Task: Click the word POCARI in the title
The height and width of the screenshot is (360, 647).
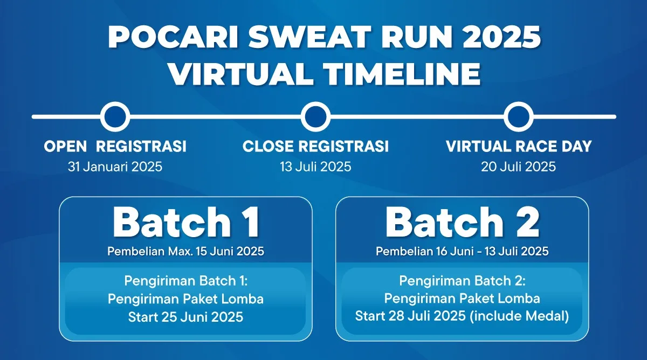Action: (x=173, y=37)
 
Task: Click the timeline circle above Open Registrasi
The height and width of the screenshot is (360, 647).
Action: (x=115, y=116)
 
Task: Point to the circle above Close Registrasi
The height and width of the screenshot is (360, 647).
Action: (x=315, y=116)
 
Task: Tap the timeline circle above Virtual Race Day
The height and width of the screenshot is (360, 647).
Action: (x=519, y=116)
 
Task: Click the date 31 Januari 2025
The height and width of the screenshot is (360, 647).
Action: (x=115, y=167)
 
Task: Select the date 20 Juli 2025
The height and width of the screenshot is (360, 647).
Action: (x=518, y=167)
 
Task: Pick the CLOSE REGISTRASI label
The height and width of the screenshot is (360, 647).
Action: (x=315, y=146)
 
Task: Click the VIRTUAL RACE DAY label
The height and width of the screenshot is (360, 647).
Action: (x=519, y=146)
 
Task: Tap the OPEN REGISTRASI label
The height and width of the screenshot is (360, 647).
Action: (x=115, y=146)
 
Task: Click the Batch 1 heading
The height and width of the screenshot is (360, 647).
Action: (x=186, y=222)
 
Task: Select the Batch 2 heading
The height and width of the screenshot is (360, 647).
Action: (x=462, y=222)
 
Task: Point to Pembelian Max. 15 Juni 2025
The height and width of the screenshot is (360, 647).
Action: (x=185, y=251)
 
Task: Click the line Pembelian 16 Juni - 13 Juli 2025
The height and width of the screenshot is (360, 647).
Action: (x=462, y=251)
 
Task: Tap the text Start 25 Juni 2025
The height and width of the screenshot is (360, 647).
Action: (x=185, y=317)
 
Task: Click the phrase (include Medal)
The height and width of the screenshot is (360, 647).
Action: (x=519, y=316)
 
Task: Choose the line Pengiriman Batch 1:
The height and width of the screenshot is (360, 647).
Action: (x=185, y=281)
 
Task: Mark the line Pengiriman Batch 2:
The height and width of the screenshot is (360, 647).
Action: (x=462, y=281)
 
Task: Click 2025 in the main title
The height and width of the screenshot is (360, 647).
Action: (x=501, y=37)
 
